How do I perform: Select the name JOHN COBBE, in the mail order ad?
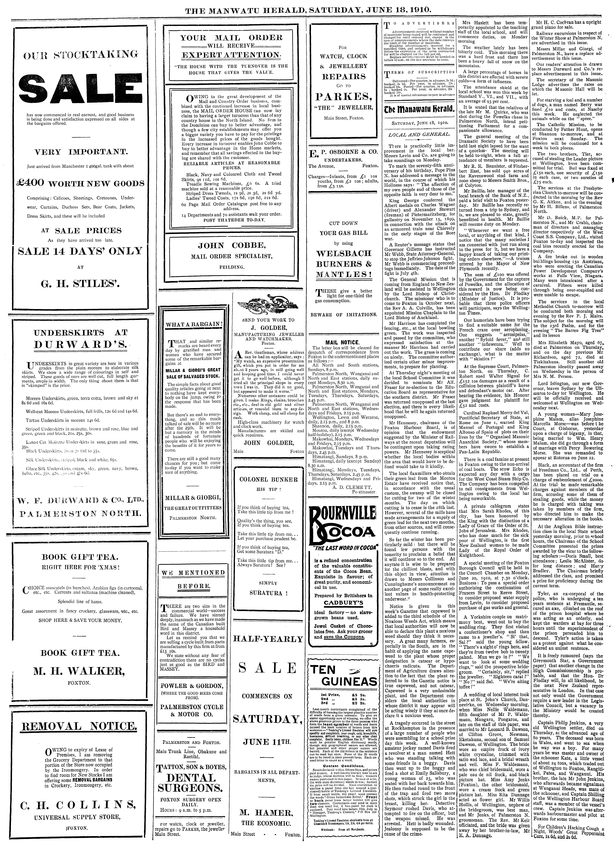(x=231, y=246)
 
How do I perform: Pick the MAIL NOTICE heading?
(x=342, y=342)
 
